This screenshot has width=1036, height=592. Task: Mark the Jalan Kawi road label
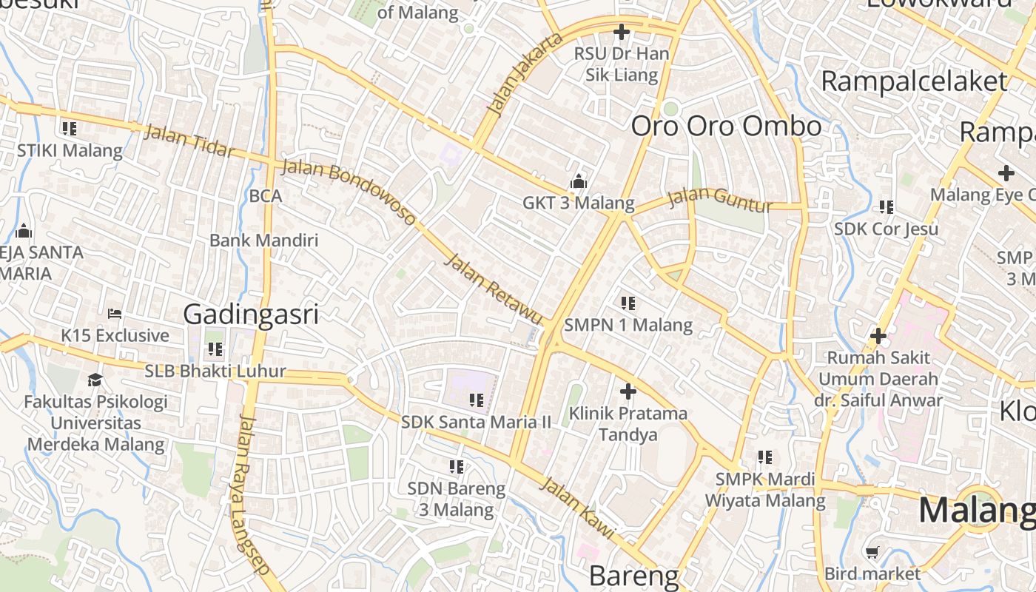pyautogui.click(x=578, y=508)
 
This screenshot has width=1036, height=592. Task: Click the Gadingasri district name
pyautogui.click(x=251, y=314)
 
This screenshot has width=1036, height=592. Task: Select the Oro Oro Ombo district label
pyautogui.click(x=726, y=127)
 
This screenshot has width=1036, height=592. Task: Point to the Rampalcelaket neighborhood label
pyautogui.click(x=915, y=81)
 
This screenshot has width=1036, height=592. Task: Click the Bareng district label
pyautogui.click(x=634, y=576)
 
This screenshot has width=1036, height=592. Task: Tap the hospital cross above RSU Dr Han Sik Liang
pyautogui.click(x=622, y=32)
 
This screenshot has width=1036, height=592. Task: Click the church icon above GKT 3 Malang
pyautogui.click(x=579, y=181)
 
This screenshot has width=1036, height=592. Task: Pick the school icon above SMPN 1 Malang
pyautogui.click(x=628, y=303)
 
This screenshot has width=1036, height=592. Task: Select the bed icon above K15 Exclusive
pyautogui.click(x=114, y=314)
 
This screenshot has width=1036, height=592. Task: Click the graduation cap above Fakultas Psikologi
pyautogui.click(x=95, y=380)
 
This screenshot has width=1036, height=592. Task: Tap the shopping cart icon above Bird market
pyautogui.click(x=872, y=552)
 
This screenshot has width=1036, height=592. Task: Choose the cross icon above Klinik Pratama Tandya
pyautogui.click(x=628, y=391)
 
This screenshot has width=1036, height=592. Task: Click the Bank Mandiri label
pyautogui.click(x=263, y=240)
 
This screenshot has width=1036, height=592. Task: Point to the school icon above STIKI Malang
pyautogui.click(x=70, y=129)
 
